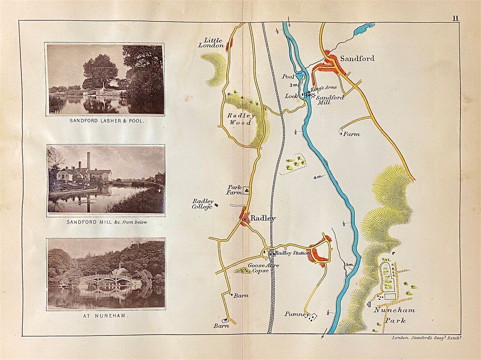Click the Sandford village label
[357, 58]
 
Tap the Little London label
[211, 43]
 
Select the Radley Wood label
[240, 119]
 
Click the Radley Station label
[292, 253]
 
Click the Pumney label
[297, 314]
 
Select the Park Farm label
[235, 190]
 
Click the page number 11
[455, 18]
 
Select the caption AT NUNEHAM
[106, 316]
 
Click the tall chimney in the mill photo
[89, 162]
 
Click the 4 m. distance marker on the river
[318, 177]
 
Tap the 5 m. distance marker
[350, 265]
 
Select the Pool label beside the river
[288, 77]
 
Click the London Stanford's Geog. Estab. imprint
[426, 338]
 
